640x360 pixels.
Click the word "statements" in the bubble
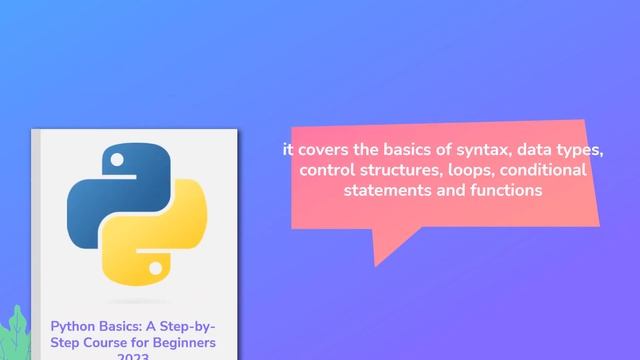pos(383,189)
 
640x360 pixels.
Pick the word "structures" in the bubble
pos(393,170)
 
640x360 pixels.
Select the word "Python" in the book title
pos(73,327)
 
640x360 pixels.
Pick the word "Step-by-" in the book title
pos(184,327)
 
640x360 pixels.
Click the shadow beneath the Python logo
pos(135,301)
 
